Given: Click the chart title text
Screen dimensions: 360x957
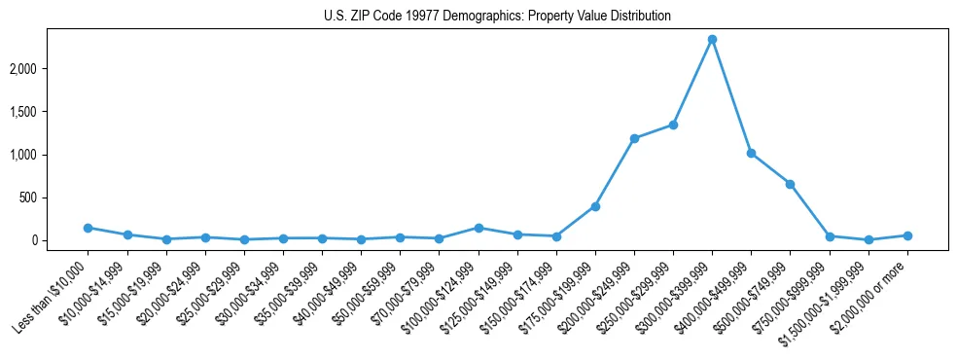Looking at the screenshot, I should [497, 17].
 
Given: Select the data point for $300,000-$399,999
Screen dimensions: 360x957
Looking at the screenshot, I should [712, 39].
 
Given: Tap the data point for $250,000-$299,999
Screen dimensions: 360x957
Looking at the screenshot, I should [673, 125].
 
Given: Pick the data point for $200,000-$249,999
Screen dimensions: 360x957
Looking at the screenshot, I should [634, 138].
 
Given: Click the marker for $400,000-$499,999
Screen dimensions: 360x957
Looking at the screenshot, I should [751, 153].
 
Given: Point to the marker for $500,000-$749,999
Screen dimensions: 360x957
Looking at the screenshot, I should [790, 184].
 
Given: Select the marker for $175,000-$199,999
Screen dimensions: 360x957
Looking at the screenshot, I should [595, 206].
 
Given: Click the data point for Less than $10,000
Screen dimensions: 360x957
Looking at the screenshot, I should [88, 228].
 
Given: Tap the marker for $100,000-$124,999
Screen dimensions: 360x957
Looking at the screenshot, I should [478, 228].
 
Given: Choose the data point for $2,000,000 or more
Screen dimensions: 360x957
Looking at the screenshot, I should [907, 235].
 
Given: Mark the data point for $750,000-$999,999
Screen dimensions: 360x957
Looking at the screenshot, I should [830, 236].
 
